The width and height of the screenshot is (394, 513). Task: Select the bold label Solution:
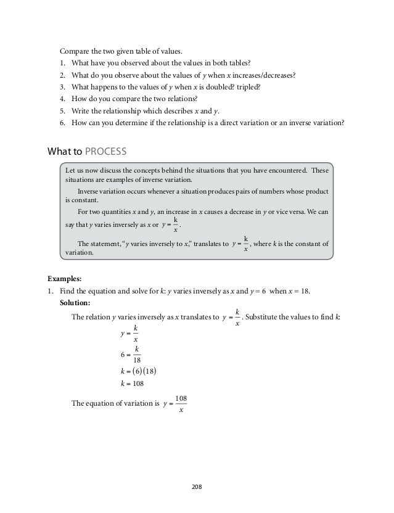coord(75,303)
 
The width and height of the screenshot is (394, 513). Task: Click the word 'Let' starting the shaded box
coord(71,170)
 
